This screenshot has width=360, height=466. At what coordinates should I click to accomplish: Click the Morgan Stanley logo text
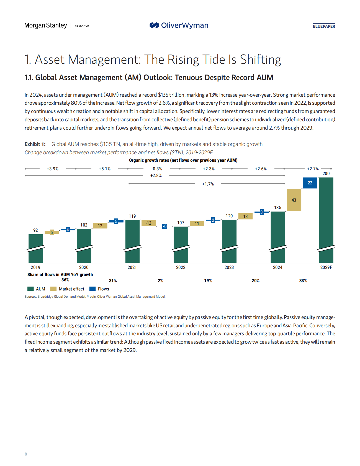coord(45,25)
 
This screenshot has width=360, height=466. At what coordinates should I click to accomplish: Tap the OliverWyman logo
coord(179,25)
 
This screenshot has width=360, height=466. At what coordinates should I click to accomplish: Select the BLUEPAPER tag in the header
coord(324,26)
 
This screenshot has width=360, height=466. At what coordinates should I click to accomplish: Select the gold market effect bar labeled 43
coord(294,200)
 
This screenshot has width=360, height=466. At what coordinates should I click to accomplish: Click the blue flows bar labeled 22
coord(310,183)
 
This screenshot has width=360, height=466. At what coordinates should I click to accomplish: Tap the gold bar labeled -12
coord(149,223)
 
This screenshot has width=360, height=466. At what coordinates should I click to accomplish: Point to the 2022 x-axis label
coord(181,267)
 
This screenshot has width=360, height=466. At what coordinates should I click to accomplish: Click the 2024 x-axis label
coord(277,267)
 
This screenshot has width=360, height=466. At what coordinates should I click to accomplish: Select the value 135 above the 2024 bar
coord(278,207)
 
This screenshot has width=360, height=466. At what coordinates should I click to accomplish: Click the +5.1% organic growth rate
coord(105,169)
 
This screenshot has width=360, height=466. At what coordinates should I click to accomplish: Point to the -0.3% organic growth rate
coord(157,169)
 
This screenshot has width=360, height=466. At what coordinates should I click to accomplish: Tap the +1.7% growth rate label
coord(208,184)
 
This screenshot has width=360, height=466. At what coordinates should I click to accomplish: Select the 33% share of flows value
coord(303,280)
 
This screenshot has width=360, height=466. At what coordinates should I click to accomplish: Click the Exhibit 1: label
coord(35,144)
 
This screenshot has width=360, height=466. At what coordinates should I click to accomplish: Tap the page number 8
coord(26,454)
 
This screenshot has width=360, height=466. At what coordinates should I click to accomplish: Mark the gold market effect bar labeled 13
coord(245,216)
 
